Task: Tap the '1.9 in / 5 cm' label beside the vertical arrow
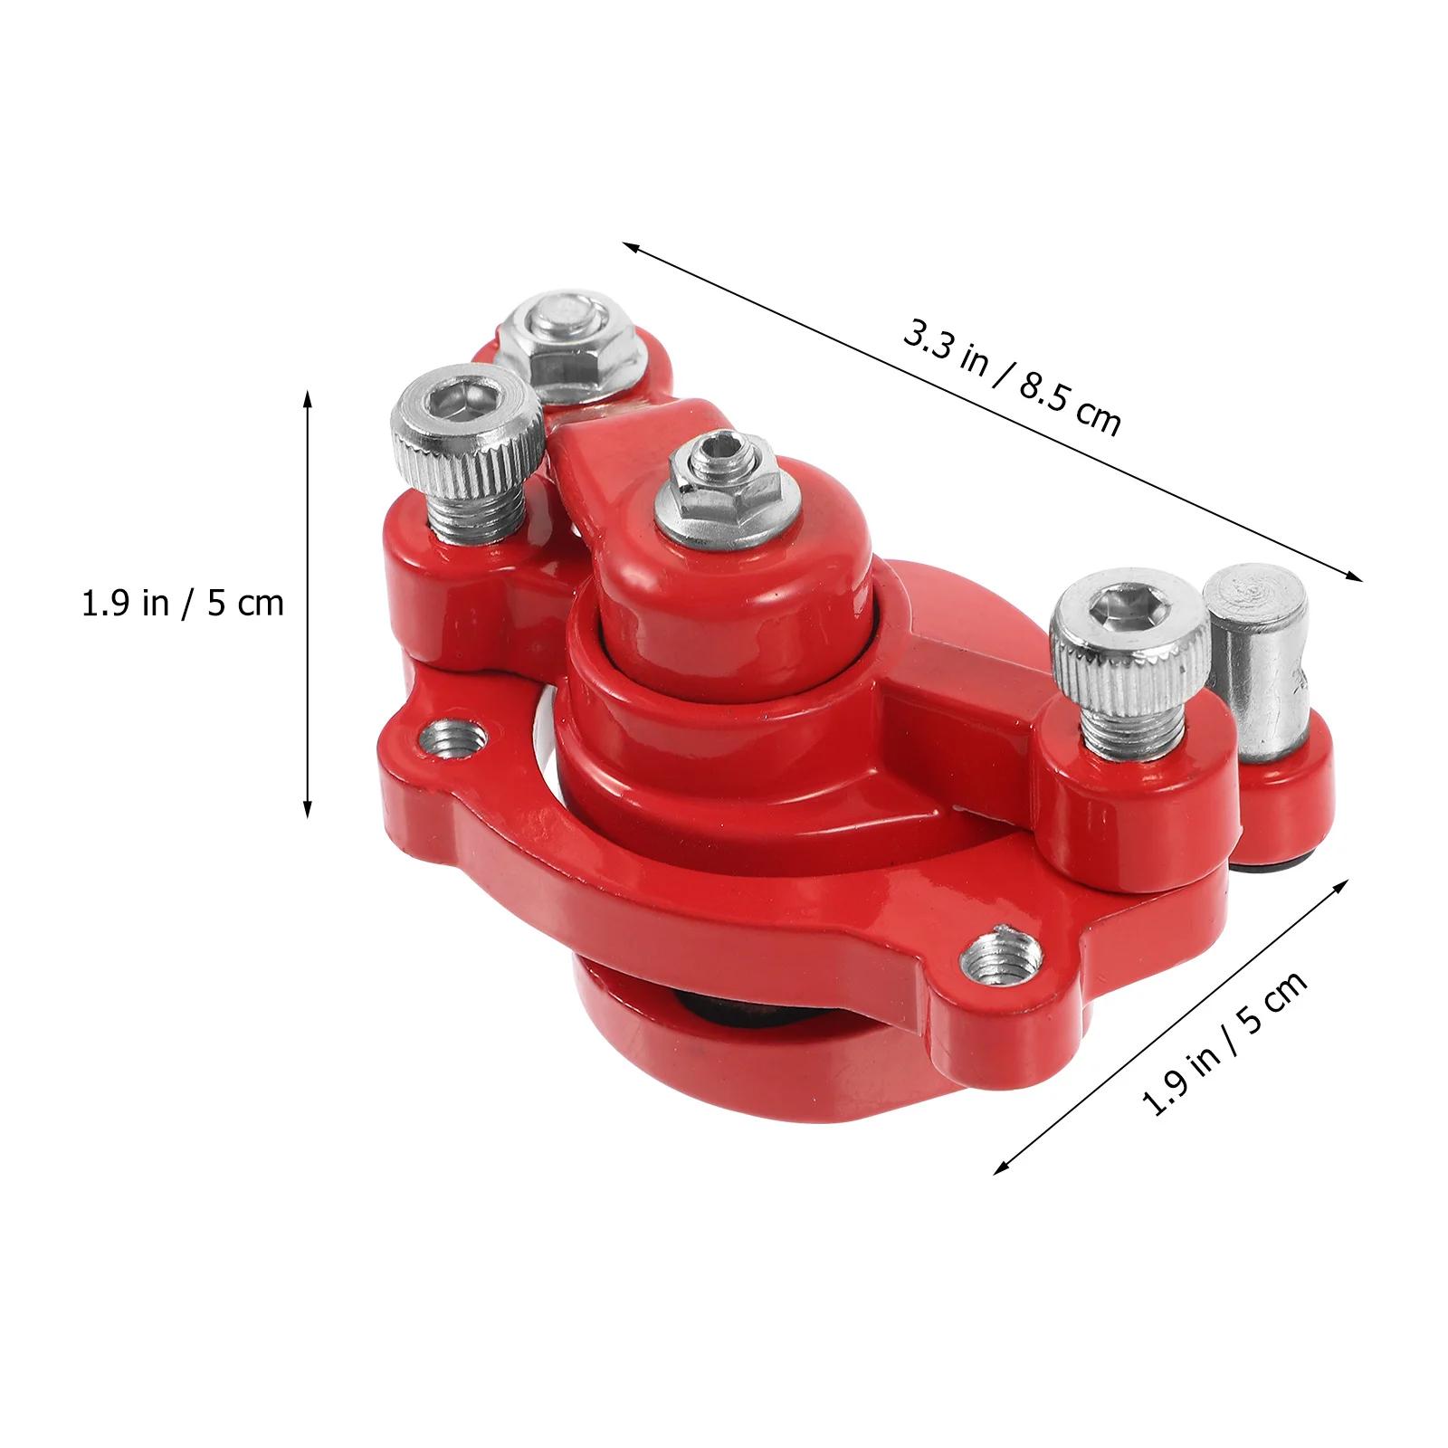point(183,604)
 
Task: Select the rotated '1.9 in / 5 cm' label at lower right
point(1224,1043)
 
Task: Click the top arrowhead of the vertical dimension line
point(308,395)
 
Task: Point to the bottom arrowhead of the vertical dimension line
point(308,812)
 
